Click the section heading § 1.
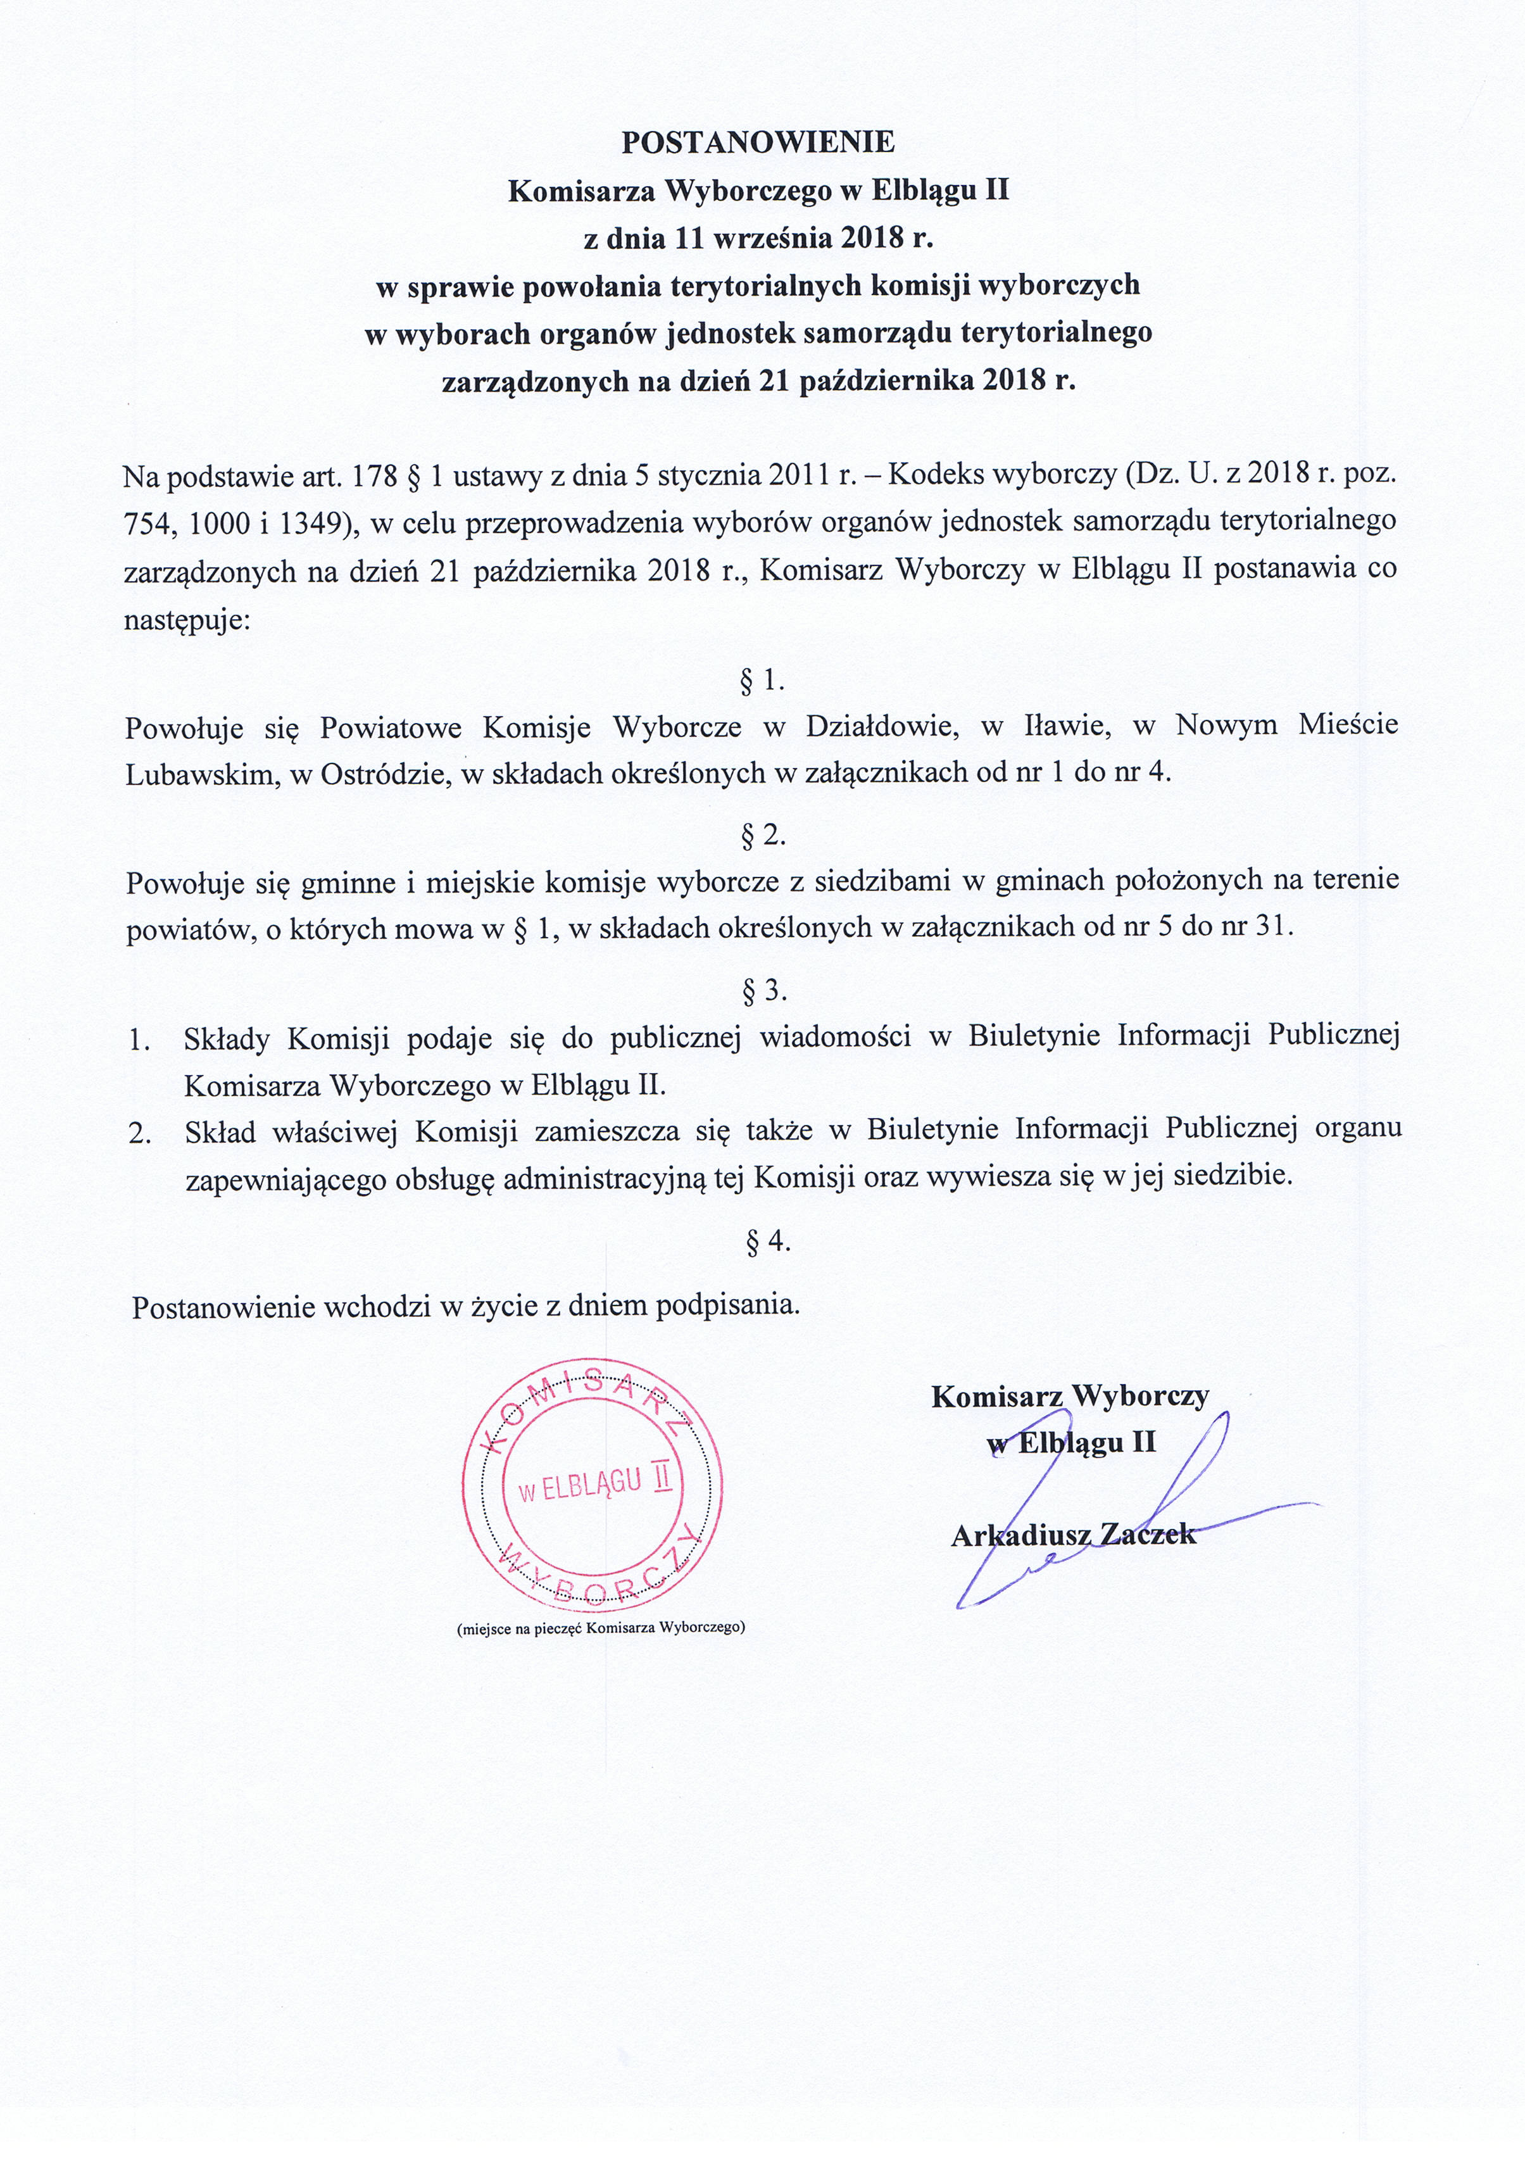763,679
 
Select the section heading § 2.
763,834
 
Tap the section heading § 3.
763,990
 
